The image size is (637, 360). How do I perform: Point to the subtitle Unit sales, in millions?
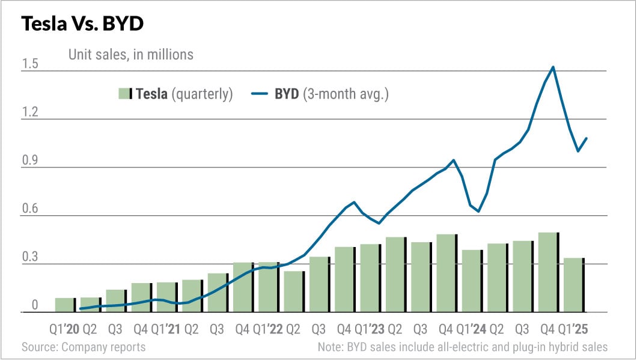129,55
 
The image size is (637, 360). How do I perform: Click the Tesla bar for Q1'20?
65,305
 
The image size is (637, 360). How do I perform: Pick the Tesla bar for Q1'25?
574,285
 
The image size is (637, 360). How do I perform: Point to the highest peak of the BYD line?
552,67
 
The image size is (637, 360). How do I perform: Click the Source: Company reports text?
84,347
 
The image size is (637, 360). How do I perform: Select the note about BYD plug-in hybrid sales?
462,347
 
